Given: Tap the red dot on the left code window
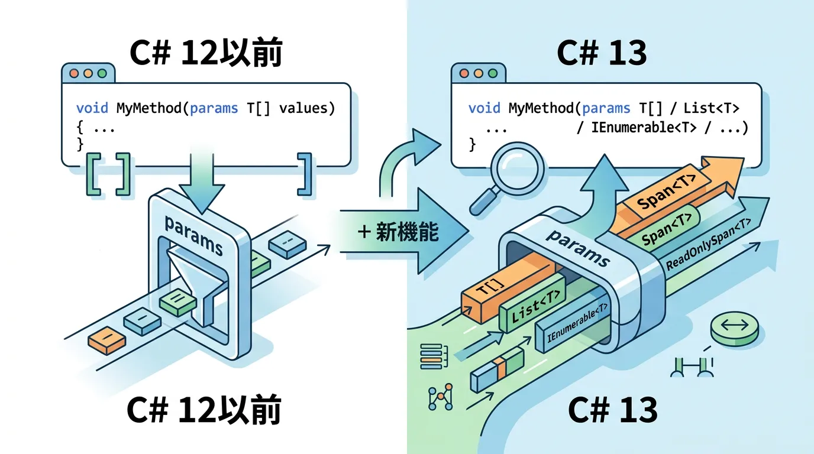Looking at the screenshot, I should (x=75, y=74).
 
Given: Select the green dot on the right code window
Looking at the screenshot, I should (x=492, y=74).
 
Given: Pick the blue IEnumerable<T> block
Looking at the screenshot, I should (x=577, y=329).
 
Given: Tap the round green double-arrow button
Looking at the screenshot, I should (x=734, y=328).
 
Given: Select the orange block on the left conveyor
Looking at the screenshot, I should (x=107, y=341).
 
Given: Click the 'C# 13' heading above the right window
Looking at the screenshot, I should (x=602, y=54).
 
